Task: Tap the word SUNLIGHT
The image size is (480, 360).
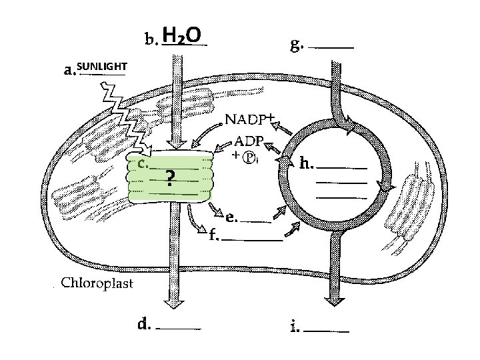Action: (101, 67)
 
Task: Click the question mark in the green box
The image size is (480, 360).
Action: (171, 178)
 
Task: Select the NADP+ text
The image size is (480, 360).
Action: (249, 120)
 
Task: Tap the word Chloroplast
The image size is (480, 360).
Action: (97, 283)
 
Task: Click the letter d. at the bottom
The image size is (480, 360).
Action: (143, 325)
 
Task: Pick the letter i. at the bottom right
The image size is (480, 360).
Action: (295, 327)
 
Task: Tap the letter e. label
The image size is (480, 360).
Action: (230, 217)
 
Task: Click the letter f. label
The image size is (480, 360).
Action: (213, 235)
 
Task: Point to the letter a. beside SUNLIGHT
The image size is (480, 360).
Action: (69, 70)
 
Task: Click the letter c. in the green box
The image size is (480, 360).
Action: (142, 163)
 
